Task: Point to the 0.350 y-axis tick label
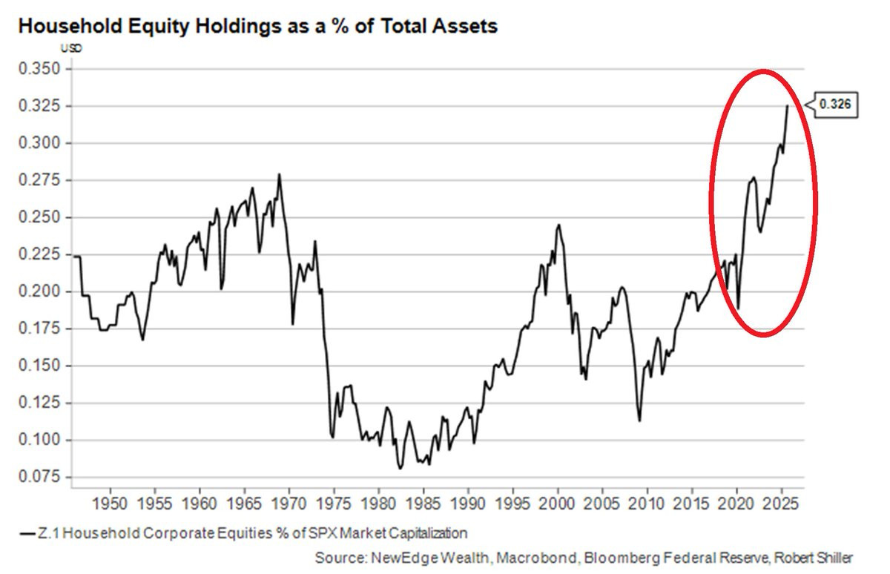tap(39, 69)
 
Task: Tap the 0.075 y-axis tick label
tap(39, 477)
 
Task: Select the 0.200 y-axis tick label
tap(39, 291)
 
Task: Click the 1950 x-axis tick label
tap(110, 504)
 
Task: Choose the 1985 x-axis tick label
tap(423, 504)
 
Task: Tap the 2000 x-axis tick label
tap(558, 504)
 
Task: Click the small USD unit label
tap(71, 48)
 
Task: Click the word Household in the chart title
tap(70, 26)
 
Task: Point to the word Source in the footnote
tap(341, 558)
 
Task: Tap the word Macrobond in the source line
tap(537, 558)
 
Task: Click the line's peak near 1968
tap(279, 174)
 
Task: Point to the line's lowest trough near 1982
tap(400, 469)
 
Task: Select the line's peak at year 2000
tap(558, 225)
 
